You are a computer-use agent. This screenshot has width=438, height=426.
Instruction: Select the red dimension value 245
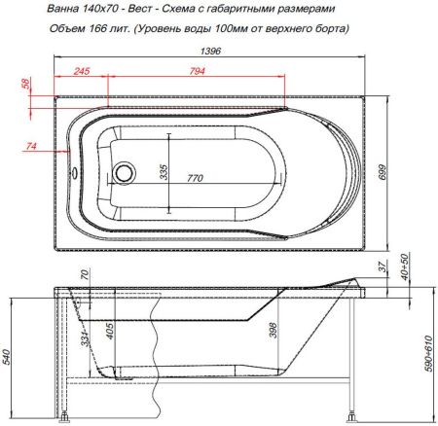[82, 71]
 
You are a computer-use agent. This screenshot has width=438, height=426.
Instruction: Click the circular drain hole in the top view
[124, 173]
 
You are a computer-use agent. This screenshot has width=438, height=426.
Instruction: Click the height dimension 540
[10, 358]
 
